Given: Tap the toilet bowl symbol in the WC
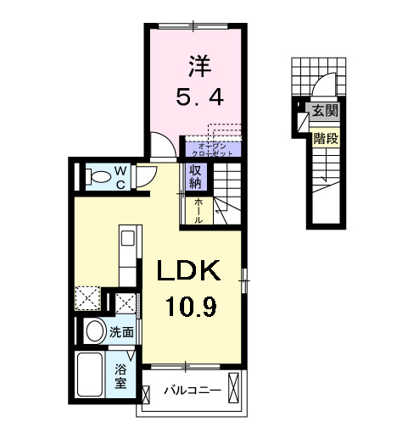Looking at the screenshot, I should [x=98, y=176].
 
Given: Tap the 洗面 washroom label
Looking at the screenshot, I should [x=121, y=333].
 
